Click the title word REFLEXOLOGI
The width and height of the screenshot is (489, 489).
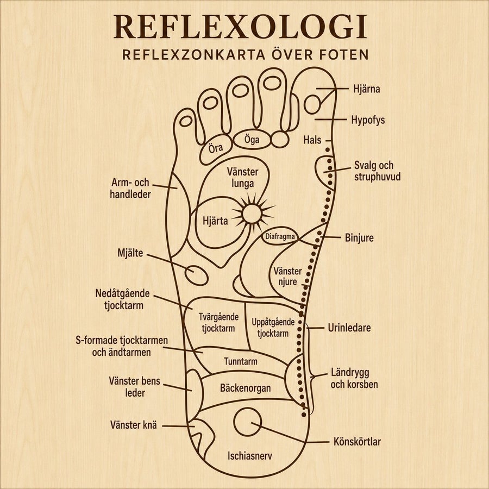pos(240,27)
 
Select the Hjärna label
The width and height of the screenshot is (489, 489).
pos(366,89)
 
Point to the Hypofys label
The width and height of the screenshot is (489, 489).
pos(368,120)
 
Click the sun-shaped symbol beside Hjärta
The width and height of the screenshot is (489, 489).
pos(252,214)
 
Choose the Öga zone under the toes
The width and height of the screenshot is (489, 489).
pos(252,140)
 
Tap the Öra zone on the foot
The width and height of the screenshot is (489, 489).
pos(216,149)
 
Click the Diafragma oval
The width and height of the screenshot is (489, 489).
pos(280,236)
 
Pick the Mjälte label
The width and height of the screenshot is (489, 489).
pos(130,253)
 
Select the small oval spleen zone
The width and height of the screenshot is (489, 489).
pos(197,275)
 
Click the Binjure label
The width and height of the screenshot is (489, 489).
pos(359,238)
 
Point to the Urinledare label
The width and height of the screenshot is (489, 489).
pos(349,328)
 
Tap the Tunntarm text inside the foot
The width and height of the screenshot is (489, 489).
pos(241,361)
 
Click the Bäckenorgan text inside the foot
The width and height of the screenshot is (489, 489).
pos(246,388)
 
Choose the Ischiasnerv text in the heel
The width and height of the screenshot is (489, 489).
pos(249,456)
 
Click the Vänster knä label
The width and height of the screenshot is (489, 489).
pos(134,425)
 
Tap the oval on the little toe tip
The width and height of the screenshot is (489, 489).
pos(186,121)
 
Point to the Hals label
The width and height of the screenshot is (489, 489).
pos(312,140)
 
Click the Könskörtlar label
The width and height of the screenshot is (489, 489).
pos(357,442)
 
